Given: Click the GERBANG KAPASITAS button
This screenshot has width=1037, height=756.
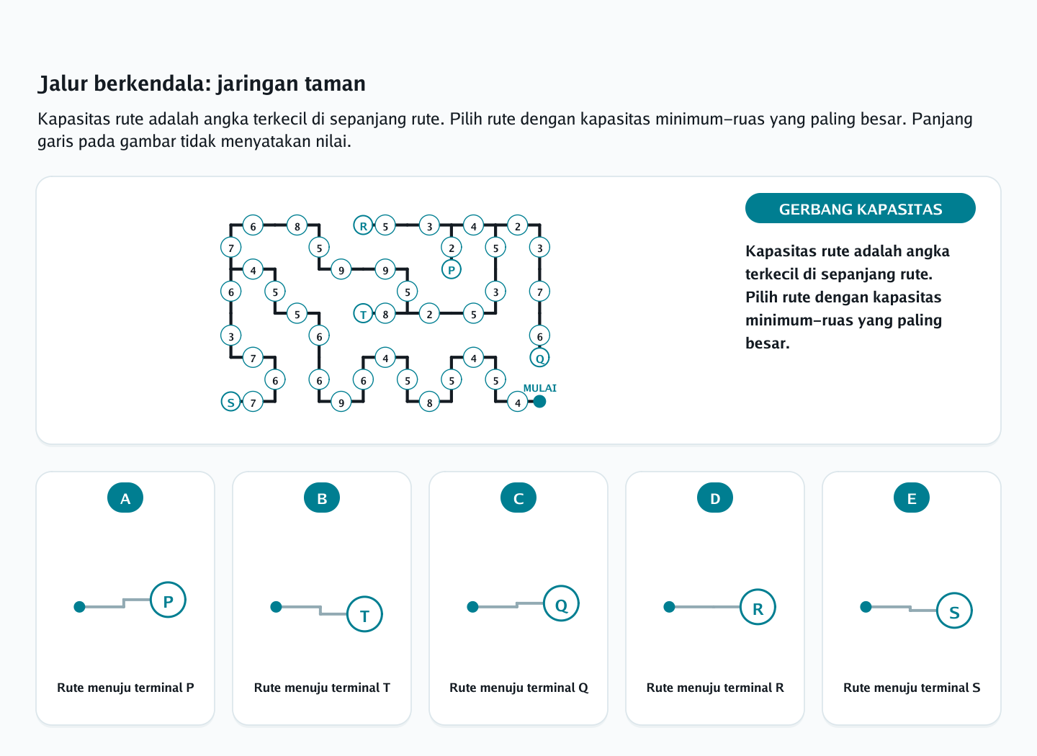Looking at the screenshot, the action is point(860,208).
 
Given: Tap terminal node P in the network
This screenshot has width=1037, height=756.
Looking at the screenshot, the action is point(452,269).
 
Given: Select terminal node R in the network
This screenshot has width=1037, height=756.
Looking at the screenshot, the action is point(364,226).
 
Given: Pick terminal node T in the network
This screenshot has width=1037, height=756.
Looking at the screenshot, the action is point(364,314).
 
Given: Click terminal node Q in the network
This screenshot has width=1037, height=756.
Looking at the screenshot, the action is point(540,358).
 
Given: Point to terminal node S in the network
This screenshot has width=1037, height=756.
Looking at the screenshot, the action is point(231,402).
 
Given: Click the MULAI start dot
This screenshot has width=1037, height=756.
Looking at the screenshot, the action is point(539,401).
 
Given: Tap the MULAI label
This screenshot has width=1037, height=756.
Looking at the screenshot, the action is point(540,388).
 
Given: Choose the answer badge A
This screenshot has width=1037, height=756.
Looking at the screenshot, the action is point(125,498).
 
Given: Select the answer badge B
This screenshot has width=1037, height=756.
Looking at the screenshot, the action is point(322,498).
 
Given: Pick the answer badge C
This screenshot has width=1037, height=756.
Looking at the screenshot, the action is point(518,498).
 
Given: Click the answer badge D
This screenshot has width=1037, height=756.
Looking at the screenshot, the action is point(715,498).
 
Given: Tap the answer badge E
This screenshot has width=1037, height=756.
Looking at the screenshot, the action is point(912,498).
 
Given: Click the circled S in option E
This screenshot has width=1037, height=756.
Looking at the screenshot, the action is point(954,611).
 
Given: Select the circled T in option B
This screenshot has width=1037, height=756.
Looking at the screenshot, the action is point(365,614).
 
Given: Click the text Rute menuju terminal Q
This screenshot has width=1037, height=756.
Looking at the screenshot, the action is point(518,688).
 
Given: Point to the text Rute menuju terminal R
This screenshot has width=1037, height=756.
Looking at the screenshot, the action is point(715,688).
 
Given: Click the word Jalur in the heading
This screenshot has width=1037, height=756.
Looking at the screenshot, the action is point(63,84).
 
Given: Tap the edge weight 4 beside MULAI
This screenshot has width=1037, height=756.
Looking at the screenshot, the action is point(518,402).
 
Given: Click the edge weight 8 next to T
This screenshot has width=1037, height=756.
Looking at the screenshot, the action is point(385,314).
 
